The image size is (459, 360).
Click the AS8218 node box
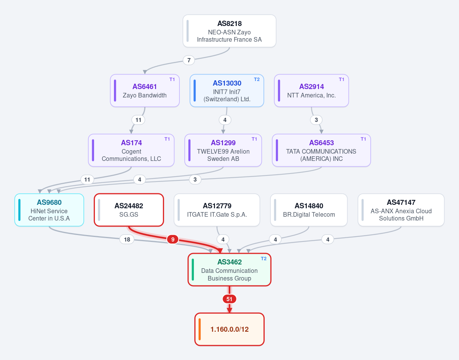coord(229,31)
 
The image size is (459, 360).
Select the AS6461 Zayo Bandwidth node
coord(145,91)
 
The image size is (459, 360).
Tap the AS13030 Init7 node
coord(227,91)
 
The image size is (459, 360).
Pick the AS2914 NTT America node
coord(311,91)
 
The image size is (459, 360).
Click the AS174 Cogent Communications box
coord(131,150)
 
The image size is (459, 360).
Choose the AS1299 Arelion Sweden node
coord(223,150)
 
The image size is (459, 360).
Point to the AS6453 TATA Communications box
coord(321,150)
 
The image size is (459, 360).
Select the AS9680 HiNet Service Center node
coord(49,210)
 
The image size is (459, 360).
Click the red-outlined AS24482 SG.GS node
coord(129,210)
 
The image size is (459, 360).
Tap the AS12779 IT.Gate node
coord(217,210)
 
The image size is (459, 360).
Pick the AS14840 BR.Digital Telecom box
coord(309,210)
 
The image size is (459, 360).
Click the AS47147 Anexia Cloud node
coord(401,210)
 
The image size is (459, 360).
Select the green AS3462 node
coord(229,270)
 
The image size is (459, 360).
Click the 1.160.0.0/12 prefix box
coord(229,329)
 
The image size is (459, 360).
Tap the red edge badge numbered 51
coord(229,299)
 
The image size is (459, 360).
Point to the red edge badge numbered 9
coord(173,240)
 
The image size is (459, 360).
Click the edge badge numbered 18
coord(127,240)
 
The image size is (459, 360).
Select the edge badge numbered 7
coord(189,60)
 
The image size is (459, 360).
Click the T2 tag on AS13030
coord(257,79)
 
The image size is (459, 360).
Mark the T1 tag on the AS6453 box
coord(363,139)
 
